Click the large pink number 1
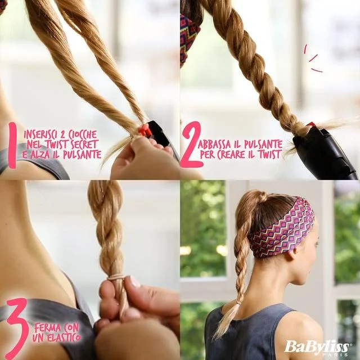click(12, 145)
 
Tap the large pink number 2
click(191, 144)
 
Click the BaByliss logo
click(317, 346)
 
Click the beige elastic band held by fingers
click(117, 277)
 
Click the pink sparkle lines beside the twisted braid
click(313, 58)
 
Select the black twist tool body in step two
click(325, 151)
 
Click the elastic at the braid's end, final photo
click(240, 303)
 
